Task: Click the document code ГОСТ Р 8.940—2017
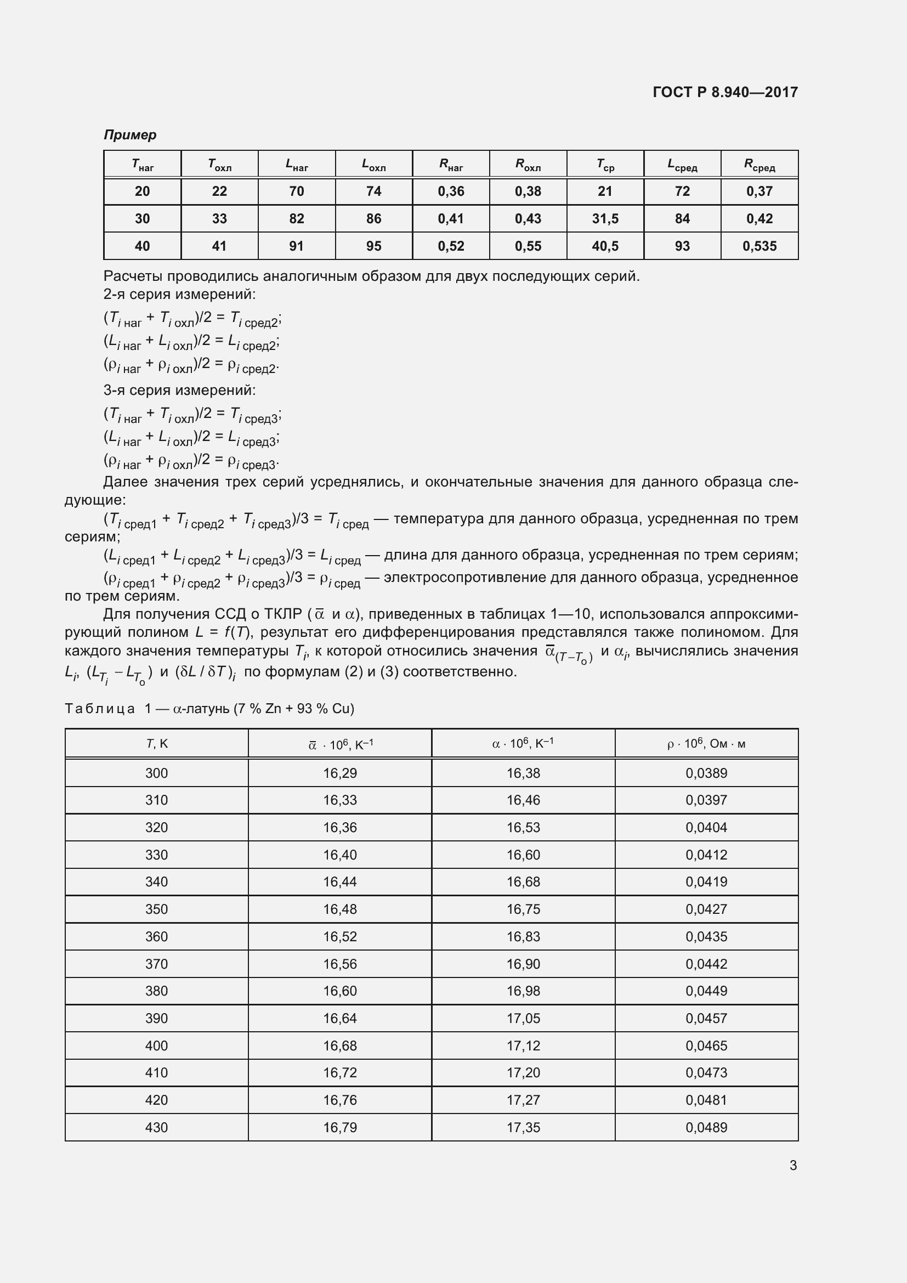pyautogui.click(x=725, y=92)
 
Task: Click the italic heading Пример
pyautogui.click(x=130, y=135)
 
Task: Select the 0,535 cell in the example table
pyautogui.click(x=759, y=246)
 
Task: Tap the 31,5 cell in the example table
pyautogui.click(x=605, y=218)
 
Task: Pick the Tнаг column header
pyautogui.click(x=143, y=165)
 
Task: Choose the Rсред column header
pyautogui.click(x=759, y=165)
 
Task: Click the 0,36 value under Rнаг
pyautogui.click(x=451, y=191)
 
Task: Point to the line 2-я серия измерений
pyautogui.click(x=179, y=294)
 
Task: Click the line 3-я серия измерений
pyautogui.click(x=179, y=390)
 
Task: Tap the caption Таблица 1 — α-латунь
pyautogui.click(x=209, y=709)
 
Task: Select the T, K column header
pyautogui.click(x=156, y=744)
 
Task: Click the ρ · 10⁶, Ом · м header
pyautogui.click(x=706, y=744)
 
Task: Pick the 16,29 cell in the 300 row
pyautogui.click(x=339, y=773)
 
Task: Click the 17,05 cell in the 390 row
pyautogui.click(x=523, y=1018)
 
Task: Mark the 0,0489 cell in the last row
pyautogui.click(x=706, y=1127)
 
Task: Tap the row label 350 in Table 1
pyautogui.click(x=156, y=909)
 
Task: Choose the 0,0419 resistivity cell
pyautogui.click(x=706, y=882)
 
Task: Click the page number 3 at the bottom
pyautogui.click(x=792, y=1165)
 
